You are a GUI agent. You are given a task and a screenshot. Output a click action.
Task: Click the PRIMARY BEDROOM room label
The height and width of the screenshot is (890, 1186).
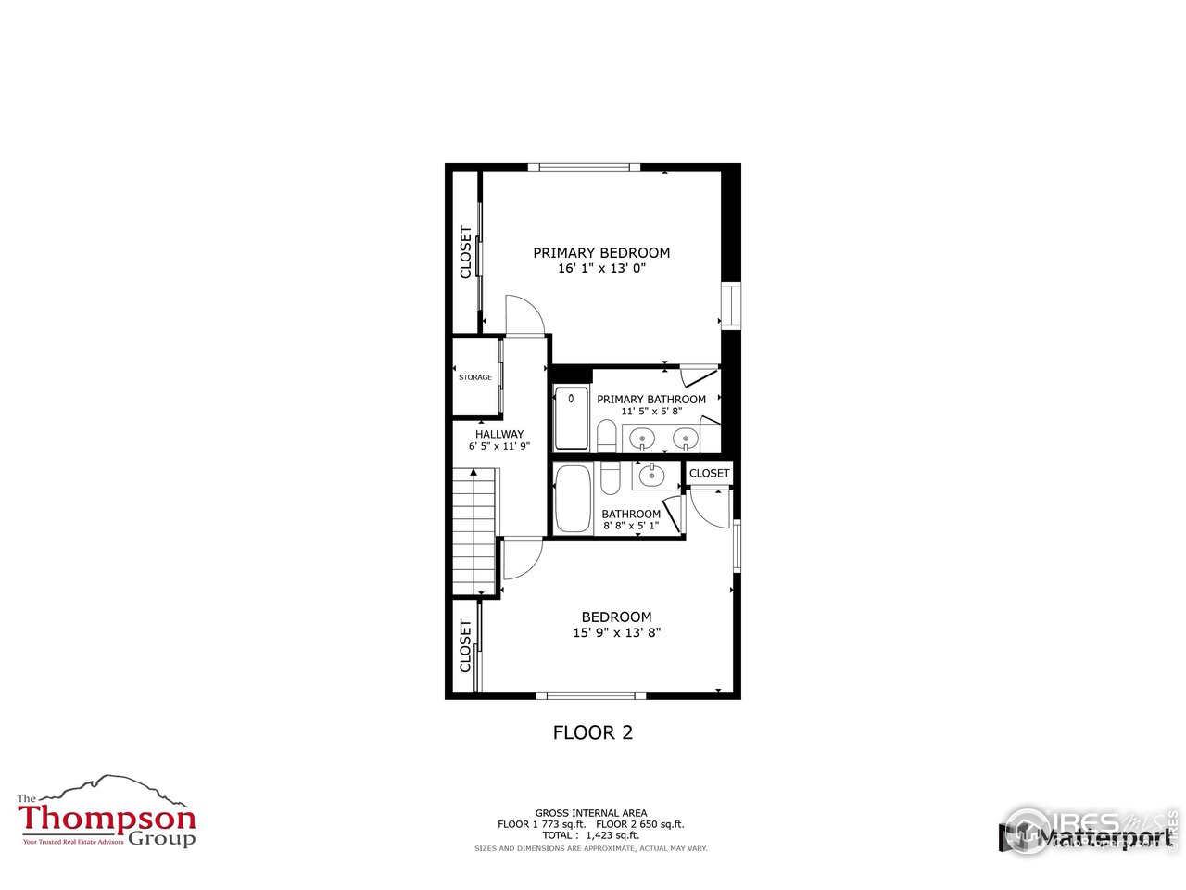click(x=601, y=252)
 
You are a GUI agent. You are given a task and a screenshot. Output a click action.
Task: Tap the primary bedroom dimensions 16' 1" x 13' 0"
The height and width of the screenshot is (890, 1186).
click(x=601, y=269)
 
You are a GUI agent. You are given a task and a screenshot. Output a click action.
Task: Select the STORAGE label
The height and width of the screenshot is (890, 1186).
click(x=475, y=377)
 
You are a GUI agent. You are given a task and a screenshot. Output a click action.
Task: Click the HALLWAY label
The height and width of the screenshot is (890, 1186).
click(x=499, y=434)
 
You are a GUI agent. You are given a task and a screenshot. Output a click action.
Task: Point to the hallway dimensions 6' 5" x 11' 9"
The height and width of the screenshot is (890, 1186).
click(x=499, y=446)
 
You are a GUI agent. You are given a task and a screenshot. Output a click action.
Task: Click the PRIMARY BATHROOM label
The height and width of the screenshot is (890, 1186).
click(x=651, y=400)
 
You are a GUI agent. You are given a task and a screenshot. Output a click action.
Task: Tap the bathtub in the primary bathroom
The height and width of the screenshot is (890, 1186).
click(x=571, y=419)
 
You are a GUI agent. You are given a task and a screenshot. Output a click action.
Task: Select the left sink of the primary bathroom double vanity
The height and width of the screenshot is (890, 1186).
click(x=640, y=436)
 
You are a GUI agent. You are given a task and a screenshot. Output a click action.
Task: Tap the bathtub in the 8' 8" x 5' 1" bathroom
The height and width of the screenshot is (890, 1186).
click(x=574, y=499)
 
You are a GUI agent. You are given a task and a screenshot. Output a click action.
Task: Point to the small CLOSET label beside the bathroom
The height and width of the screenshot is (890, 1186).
click(x=710, y=473)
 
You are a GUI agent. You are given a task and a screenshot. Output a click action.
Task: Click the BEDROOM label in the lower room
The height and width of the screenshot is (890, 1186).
click(x=616, y=617)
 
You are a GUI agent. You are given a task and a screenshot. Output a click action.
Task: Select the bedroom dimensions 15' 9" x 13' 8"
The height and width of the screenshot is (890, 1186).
click(x=616, y=633)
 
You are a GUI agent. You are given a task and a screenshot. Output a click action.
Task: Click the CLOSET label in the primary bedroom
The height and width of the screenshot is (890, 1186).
click(x=466, y=252)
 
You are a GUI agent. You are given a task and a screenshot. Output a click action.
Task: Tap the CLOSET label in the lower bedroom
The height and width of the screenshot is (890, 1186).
click(x=466, y=646)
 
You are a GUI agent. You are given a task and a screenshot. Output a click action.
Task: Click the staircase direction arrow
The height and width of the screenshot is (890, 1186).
click(x=474, y=473)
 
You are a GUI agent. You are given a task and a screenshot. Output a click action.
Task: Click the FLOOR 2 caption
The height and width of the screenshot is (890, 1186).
click(x=593, y=732)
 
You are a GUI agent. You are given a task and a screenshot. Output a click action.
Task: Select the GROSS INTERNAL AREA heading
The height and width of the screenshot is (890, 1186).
click(x=591, y=812)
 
